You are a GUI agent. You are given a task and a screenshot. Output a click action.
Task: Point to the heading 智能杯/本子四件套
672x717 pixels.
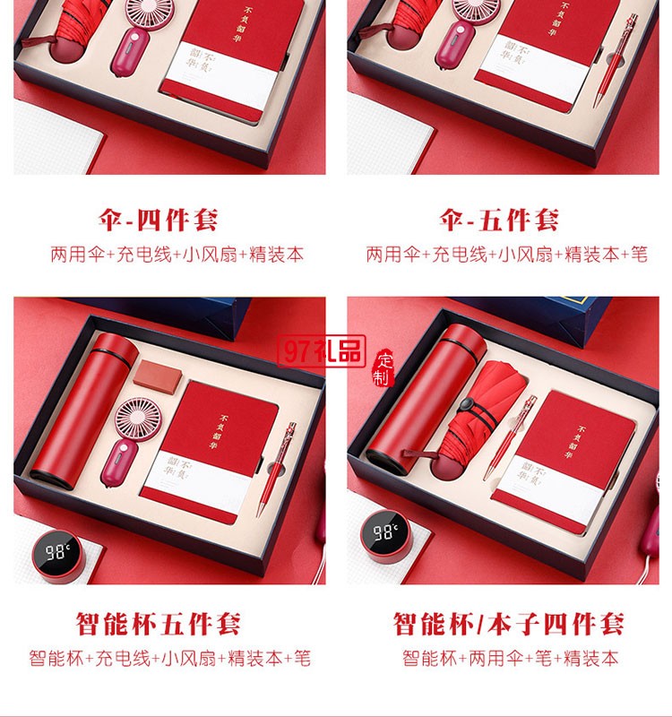[x=508, y=623]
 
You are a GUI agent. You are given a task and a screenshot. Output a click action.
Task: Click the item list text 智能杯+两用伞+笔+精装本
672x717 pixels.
[x=509, y=658]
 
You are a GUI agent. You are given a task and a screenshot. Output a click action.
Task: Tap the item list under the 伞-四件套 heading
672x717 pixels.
[x=177, y=255]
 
